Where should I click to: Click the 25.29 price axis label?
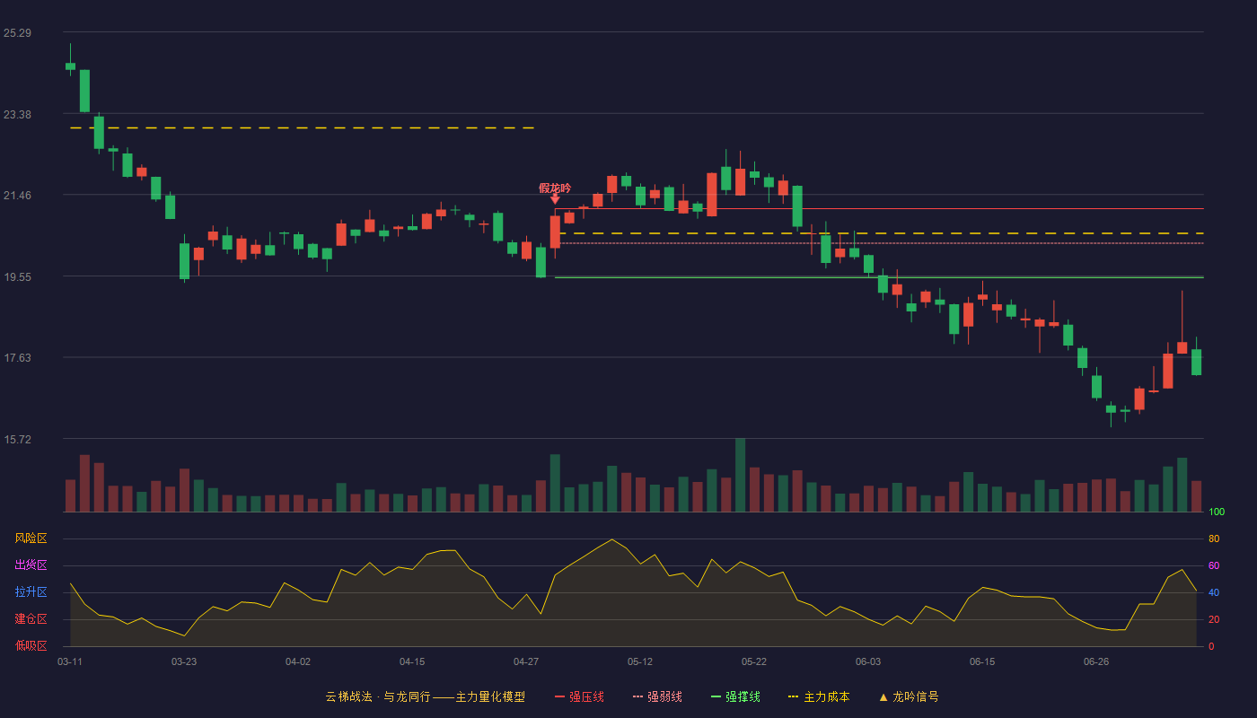pos(17,33)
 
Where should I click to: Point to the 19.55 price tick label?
pos(17,277)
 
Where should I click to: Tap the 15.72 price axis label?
pos(17,439)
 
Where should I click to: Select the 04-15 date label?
pos(412,662)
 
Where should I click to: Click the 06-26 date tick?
pos(1096,662)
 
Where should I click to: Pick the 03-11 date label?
pos(70,662)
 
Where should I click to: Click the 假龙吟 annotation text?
pos(555,188)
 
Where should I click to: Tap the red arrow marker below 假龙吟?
pos(555,199)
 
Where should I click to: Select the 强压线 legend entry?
pos(579,696)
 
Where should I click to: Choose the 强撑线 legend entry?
pos(735,696)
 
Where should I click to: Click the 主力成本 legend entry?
pos(819,696)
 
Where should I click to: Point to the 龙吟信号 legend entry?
pos(909,696)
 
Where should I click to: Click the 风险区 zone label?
pos(31,538)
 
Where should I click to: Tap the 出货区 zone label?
pos(31,565)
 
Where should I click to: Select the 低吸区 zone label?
pos(31,645)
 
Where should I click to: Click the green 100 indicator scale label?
pos(1217,512)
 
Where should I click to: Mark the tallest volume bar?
pos(740,475)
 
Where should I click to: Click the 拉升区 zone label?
pos(31,591)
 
